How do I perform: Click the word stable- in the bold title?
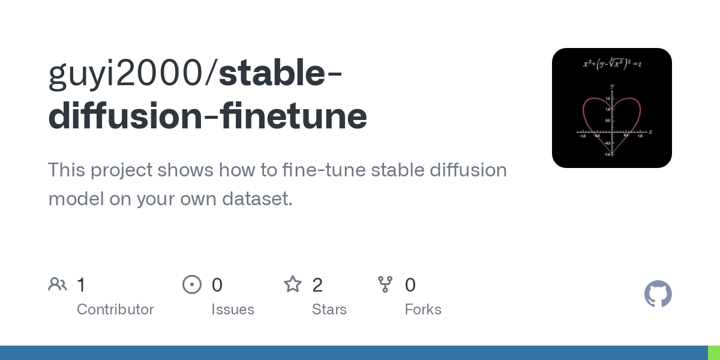pyautogui.click(x=281, y=74)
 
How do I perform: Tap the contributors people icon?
pyautogui.click(x=58, y=284)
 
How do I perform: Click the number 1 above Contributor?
pyautogui.click(x=82, y=285)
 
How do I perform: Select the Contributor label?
pyautogui.click(x=115, y=310)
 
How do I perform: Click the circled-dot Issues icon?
pyautogui.click(x=192, y=284)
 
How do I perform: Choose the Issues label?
pyautogui.click(x=233, y=310)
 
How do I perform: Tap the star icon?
pyautogui.click(x=293, y=284)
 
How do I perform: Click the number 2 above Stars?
pyautogui.click(x=317, y=285)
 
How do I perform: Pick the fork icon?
pyautogui.click(x=385, y=284)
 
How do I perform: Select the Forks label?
pyautogui.click(x=423, y=310)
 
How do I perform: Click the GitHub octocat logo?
pyautogui.click(x=658, y=294)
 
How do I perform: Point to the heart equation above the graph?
pyautogui.click(x=612, y=63)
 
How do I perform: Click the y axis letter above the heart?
pyautogui.click(x=612, y=86)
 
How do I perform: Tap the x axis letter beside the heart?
pyautogui.click(x=650, y=131)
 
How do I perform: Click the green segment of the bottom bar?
pyautogui.click(x=714, y=353)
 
